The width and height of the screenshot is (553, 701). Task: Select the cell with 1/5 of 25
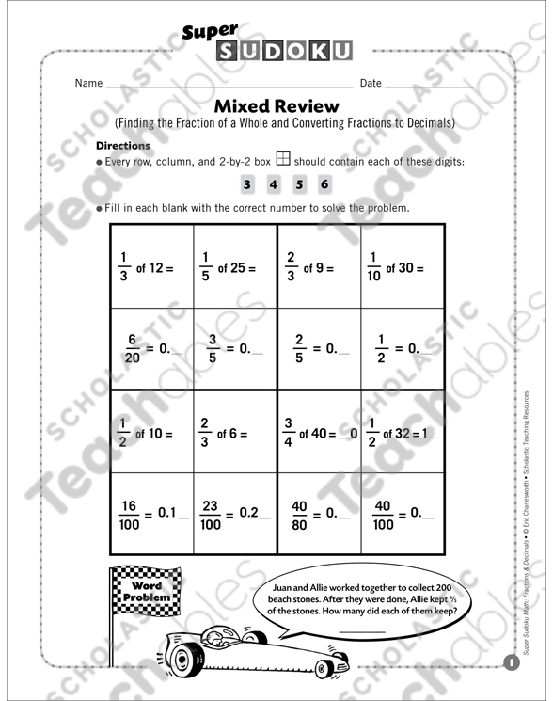coord(235,267)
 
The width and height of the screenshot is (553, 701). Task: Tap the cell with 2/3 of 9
coord(319,267)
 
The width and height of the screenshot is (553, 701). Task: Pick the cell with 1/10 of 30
coord(402,267)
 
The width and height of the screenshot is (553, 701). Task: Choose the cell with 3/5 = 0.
coord(235,348)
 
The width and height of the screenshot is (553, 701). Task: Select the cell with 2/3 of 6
coord(235,433)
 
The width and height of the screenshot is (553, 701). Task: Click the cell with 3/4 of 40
coord(319,433)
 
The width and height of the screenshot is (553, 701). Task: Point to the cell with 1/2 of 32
coord(402,433)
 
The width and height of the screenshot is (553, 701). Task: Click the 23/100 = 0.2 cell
coord(235,514)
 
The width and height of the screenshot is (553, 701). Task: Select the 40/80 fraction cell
coord(319,514)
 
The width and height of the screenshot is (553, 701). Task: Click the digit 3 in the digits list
coord(247,184)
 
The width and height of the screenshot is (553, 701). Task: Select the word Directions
coord(123,146)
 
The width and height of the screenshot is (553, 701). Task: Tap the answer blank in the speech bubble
coord(361,631)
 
